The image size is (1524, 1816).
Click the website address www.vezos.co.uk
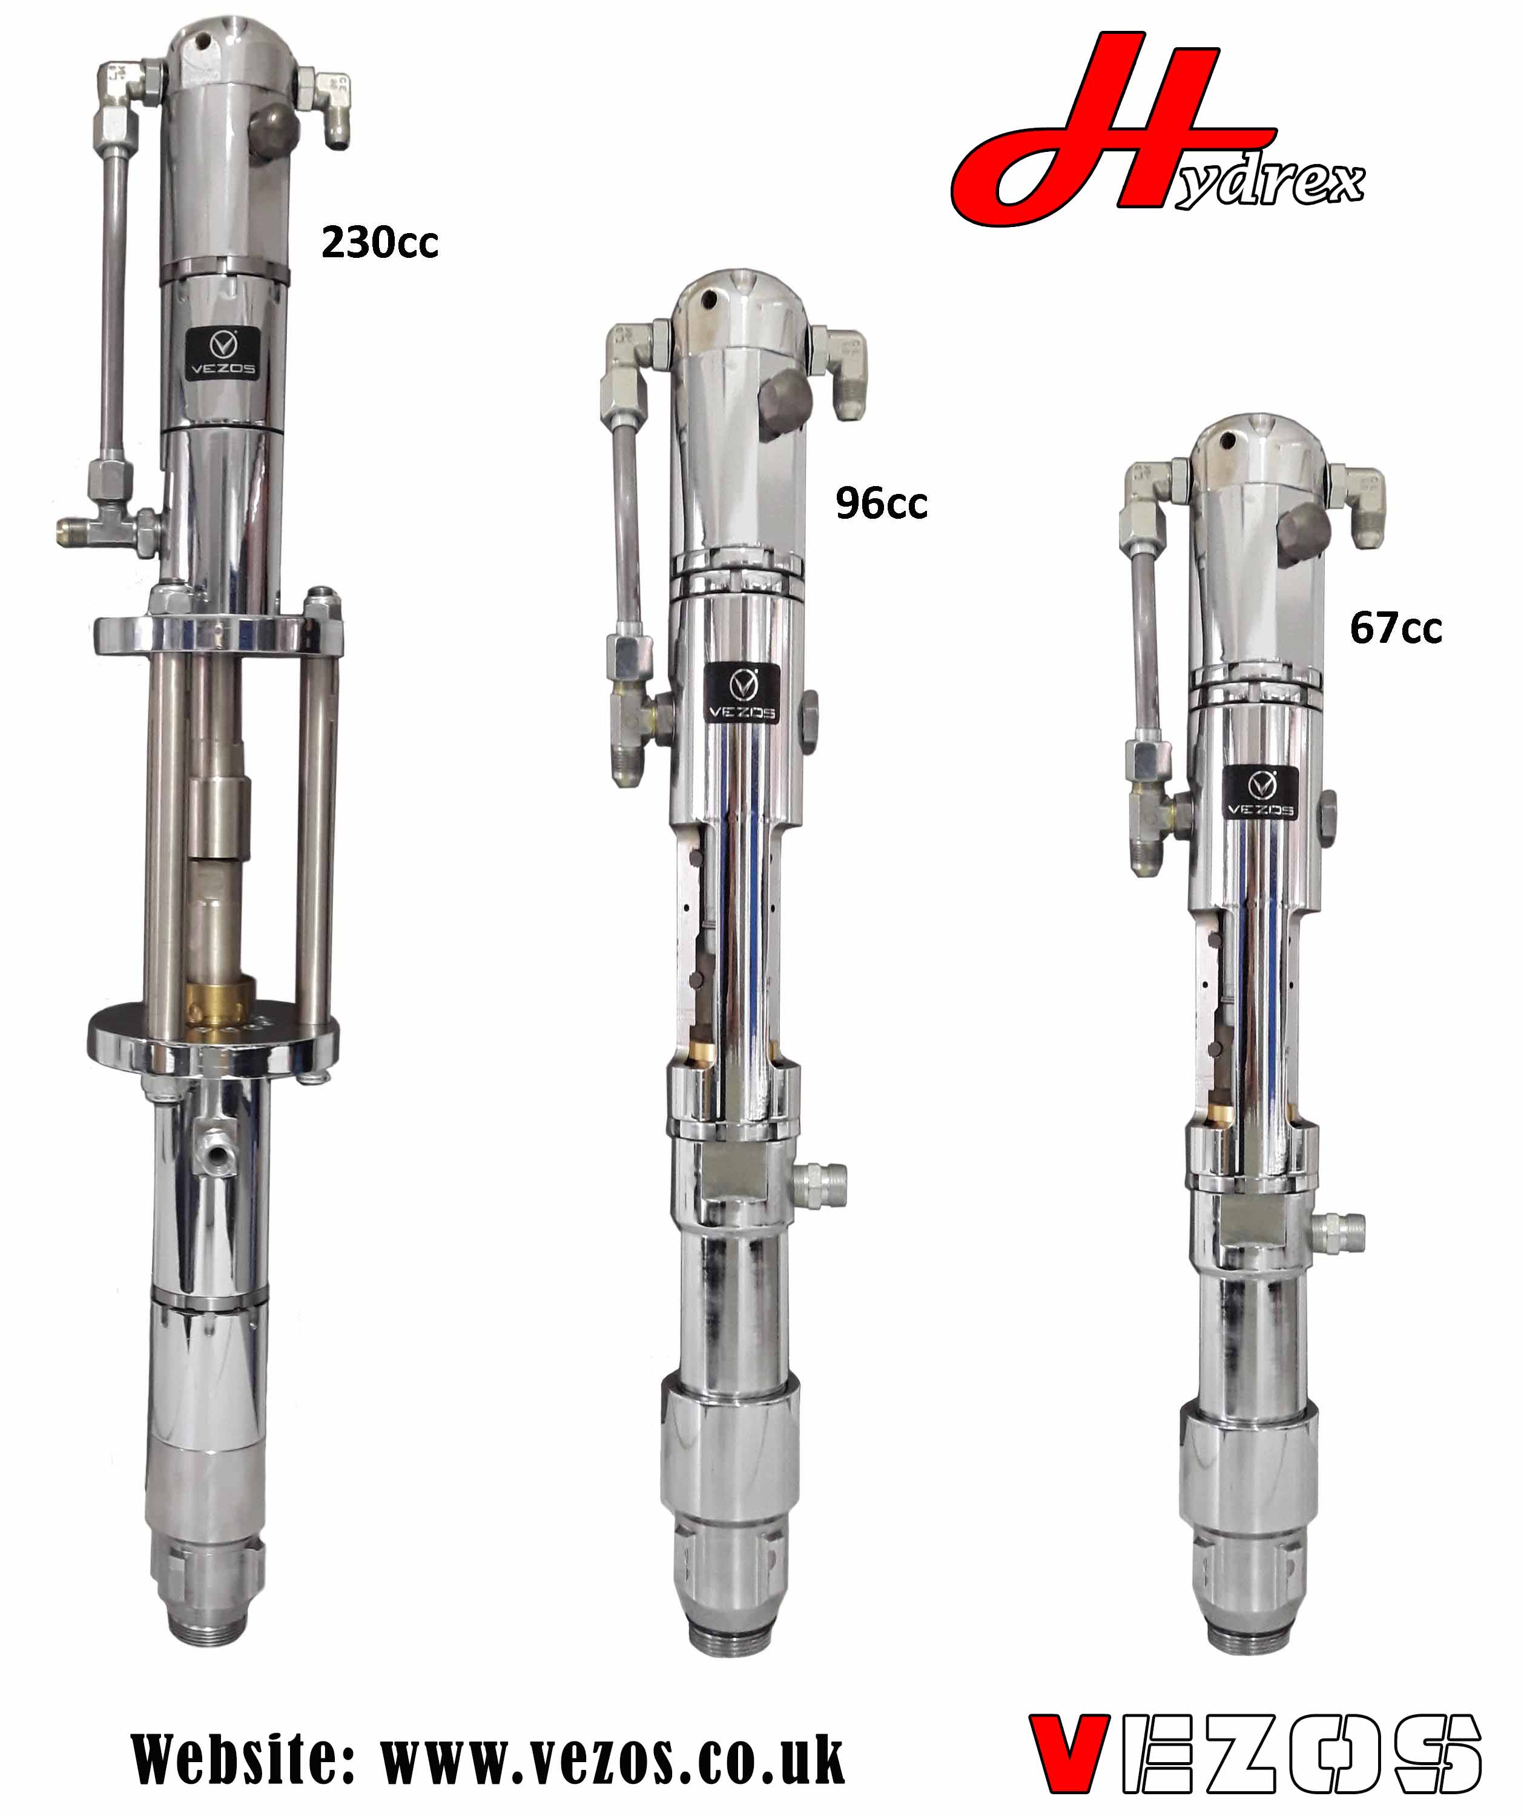[612, 1759]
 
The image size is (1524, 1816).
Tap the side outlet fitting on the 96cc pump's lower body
[821, 1177]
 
